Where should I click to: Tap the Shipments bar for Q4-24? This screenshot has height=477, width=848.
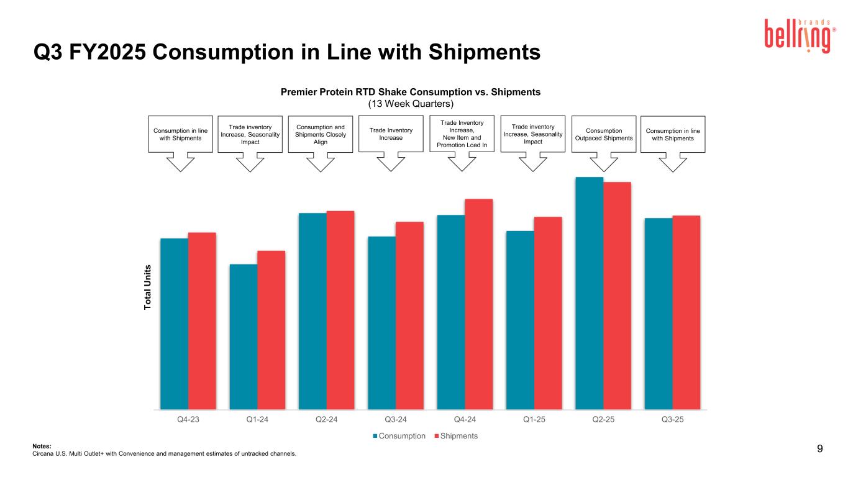tap(478, 304)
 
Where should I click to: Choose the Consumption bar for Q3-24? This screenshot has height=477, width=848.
tap(381, 323)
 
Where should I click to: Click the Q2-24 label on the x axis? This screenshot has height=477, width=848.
tap(326, 419)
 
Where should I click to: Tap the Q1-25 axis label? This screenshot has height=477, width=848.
tap(534, 419)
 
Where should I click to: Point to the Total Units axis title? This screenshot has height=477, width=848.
tap(148, 288)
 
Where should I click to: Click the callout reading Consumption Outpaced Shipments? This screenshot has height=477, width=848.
tap(603, 134)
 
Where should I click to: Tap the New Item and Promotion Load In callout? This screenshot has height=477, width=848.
tap(462, 134)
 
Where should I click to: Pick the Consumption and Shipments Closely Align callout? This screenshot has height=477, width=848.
tap(321, 134)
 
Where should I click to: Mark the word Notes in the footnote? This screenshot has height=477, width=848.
tap(41, 445)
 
